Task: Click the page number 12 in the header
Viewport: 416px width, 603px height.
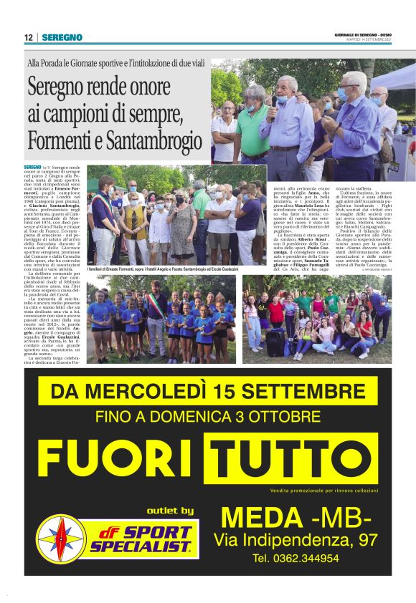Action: pos(28,37)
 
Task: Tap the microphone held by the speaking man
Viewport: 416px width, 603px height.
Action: pos(275,100)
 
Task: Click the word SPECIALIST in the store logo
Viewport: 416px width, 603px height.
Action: pos(141,546)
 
